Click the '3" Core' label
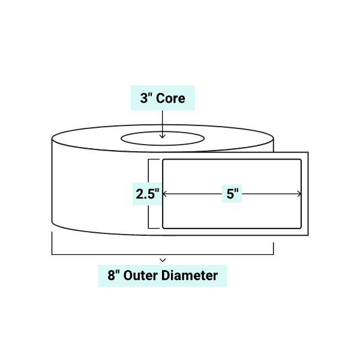coord(163,98)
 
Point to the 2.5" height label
coord(146,194)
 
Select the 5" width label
coord(233,194)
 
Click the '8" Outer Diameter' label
coord(163,276)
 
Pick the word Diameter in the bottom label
coord(193,276)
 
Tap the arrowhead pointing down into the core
coord(163,137)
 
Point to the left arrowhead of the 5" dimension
coord(165,194)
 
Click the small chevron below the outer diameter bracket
coord(163,260)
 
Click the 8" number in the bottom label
coord(112,276)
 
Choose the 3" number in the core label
coord(145,98)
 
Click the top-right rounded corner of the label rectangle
coord(299,161)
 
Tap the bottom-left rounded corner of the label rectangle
coord(164,227)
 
